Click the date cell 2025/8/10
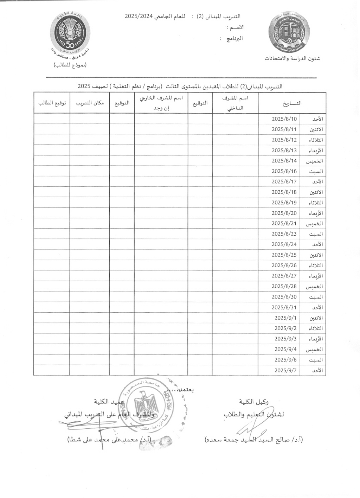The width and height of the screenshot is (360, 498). pos(284,119)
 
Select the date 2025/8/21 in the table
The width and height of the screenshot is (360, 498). pos(284,223)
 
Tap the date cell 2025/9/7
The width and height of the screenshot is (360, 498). pos(285,370)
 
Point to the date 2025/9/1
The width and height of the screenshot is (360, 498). pos(285,318)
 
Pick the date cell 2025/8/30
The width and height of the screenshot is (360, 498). pos(284,297)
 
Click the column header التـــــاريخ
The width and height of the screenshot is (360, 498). pos(292,103)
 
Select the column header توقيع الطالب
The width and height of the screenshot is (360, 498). pos(52,103)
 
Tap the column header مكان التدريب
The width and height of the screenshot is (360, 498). pos(90,103)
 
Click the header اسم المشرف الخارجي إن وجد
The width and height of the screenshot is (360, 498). pos(161,103)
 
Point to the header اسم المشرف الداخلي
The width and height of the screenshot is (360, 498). pos(235,103)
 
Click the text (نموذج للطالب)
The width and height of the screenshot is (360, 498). pos(70,65)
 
